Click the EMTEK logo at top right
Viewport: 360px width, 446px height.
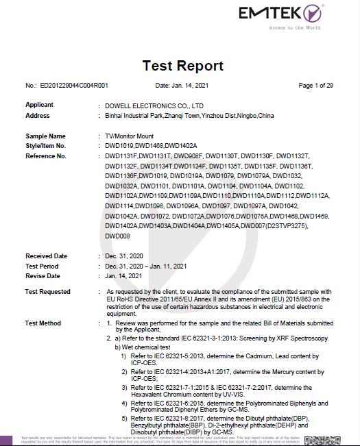click(279, 14)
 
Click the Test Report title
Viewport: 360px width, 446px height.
click(182, 66)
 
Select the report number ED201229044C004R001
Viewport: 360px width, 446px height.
click(74, 86)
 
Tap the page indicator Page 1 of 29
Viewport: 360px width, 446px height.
click(315, 86)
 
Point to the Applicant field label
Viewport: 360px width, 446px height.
click(39, 105)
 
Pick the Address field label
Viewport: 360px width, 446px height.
click(38, 116)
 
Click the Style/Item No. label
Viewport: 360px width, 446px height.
click(45, 146)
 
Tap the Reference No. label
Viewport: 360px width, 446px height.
click(46, 156)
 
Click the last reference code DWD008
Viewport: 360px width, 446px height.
click(117, 236)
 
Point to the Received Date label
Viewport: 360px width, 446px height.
click(46, 256)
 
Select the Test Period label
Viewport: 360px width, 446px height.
click(42, 267)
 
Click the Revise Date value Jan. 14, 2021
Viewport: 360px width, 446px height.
click(123, 276)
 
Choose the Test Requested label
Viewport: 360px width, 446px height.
click(48, 292)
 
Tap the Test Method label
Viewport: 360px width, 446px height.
click(43, 323)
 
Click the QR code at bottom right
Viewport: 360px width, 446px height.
click(322, 441)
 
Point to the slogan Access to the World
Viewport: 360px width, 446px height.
click(294, 28)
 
